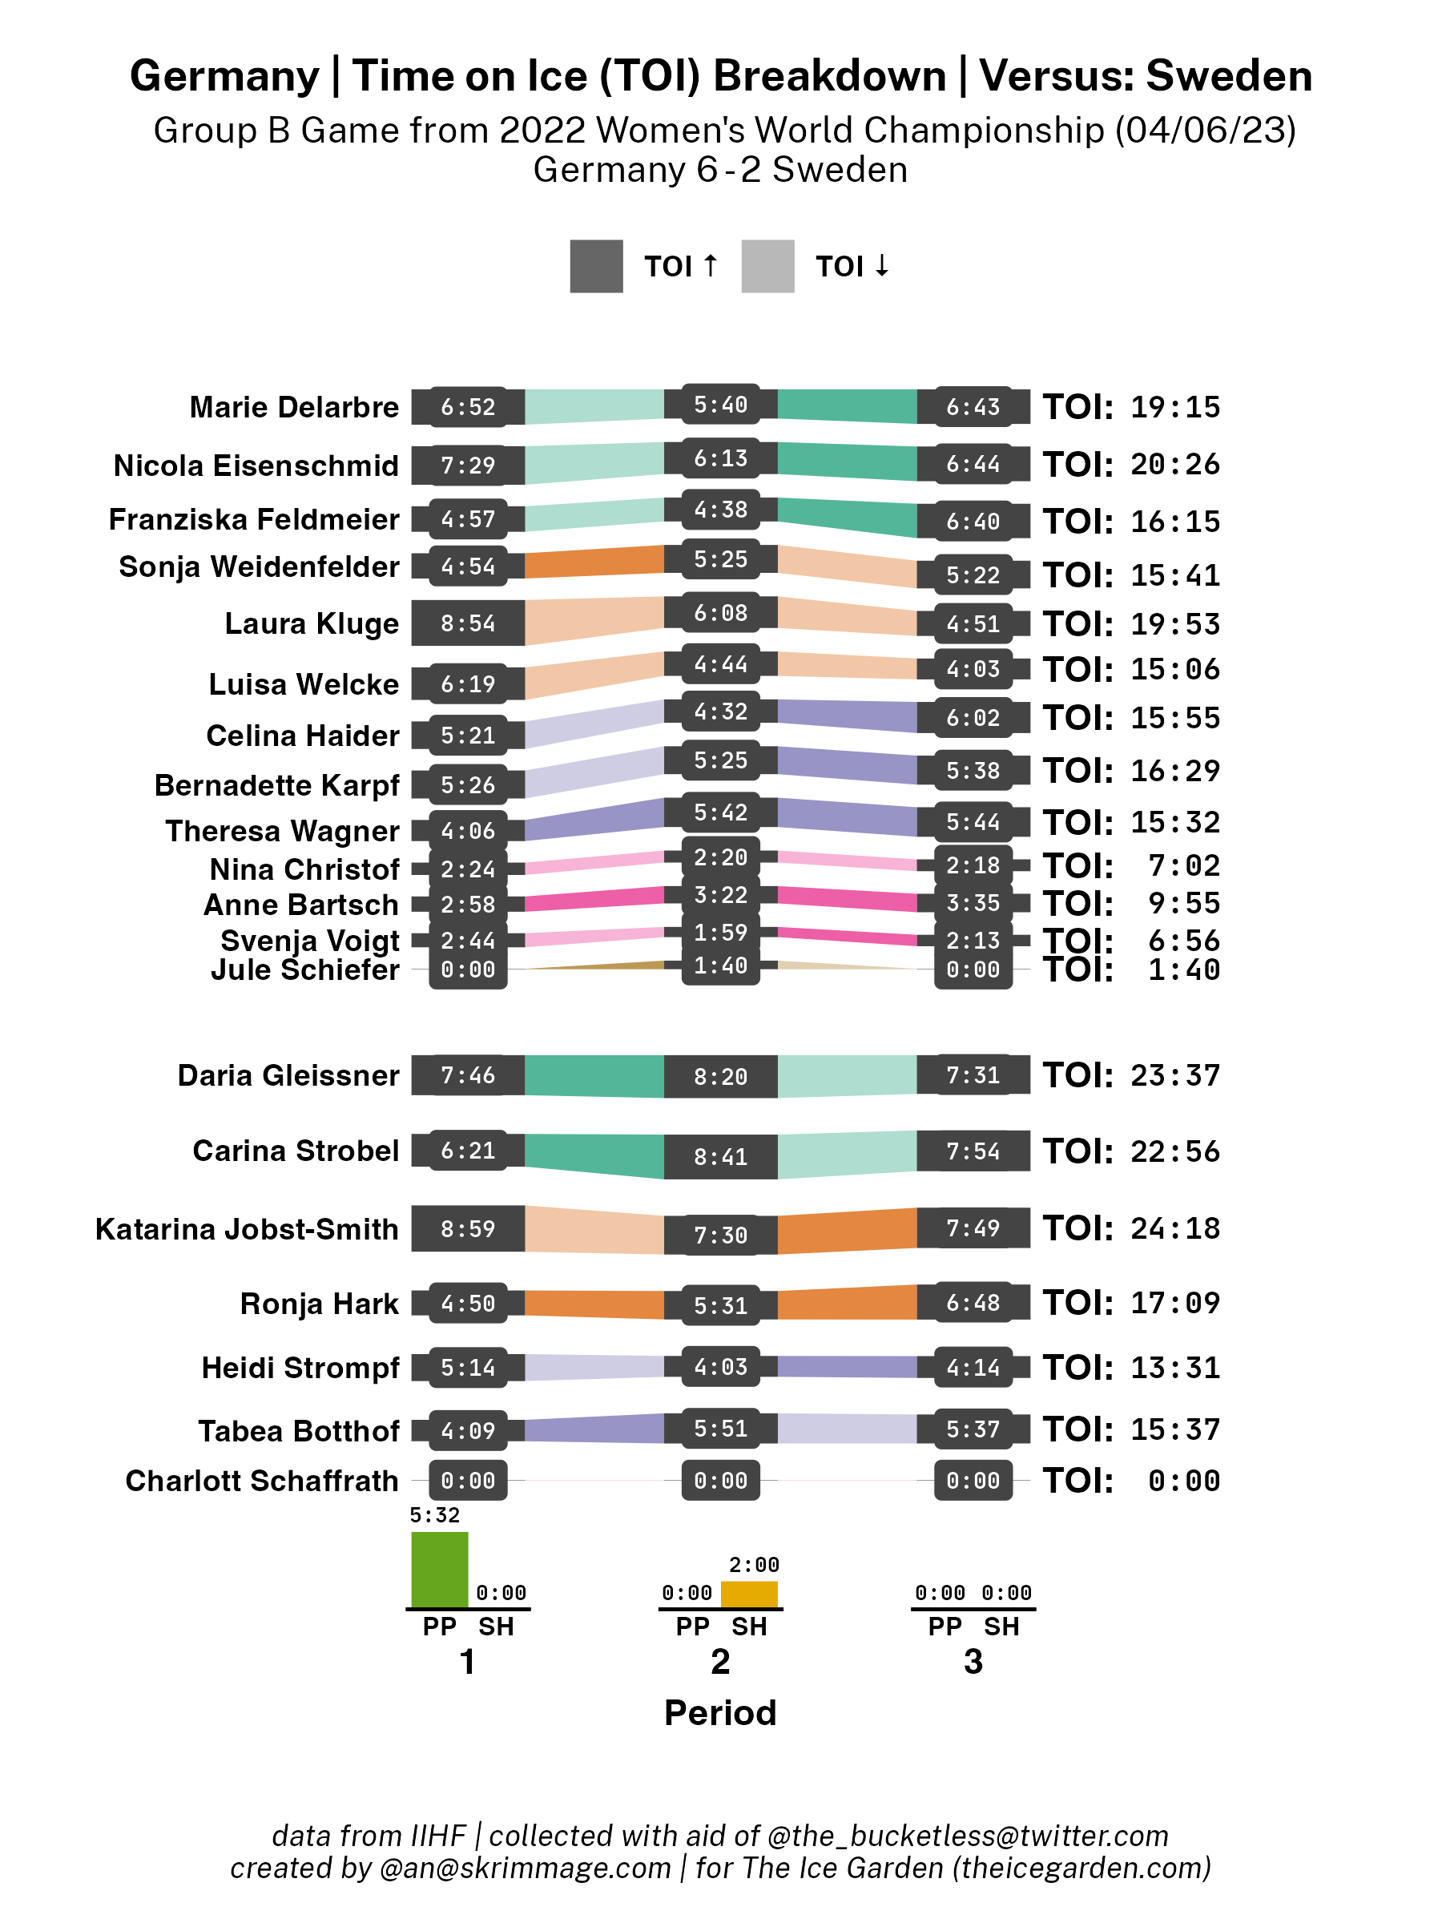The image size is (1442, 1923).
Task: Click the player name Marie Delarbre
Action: [x=294, y=407]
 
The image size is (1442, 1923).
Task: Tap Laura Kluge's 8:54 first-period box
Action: [x=468, y=623]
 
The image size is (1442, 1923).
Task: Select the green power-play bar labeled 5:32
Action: [x=439, y=1569]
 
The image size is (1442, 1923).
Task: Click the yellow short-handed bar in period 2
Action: [x=748, y=1594]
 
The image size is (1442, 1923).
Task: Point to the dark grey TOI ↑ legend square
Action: [x=596, y=266]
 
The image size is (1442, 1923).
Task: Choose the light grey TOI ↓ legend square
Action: [x=767, y=266]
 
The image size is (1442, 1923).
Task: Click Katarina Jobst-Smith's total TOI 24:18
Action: [x=1175, y=1228]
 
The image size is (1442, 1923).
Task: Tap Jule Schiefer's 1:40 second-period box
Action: [x=720, y=966]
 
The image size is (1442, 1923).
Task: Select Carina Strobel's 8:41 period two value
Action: [x=720, y=1157]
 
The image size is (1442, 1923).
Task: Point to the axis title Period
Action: [x=719, y=1712]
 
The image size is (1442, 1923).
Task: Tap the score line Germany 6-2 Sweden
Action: [x=719, y=170]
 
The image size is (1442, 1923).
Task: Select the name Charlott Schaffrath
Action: [x=262, y=1481]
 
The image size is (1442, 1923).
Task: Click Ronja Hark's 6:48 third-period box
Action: [x=973, y=1302]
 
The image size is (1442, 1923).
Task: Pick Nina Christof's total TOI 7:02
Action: [x=1184, y=866]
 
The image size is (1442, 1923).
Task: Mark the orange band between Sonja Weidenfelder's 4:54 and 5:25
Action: [x=594, y=562]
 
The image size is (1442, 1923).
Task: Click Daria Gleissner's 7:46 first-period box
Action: [x=468, y=1075]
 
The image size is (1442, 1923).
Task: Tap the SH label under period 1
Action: [x=497, y=1627]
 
